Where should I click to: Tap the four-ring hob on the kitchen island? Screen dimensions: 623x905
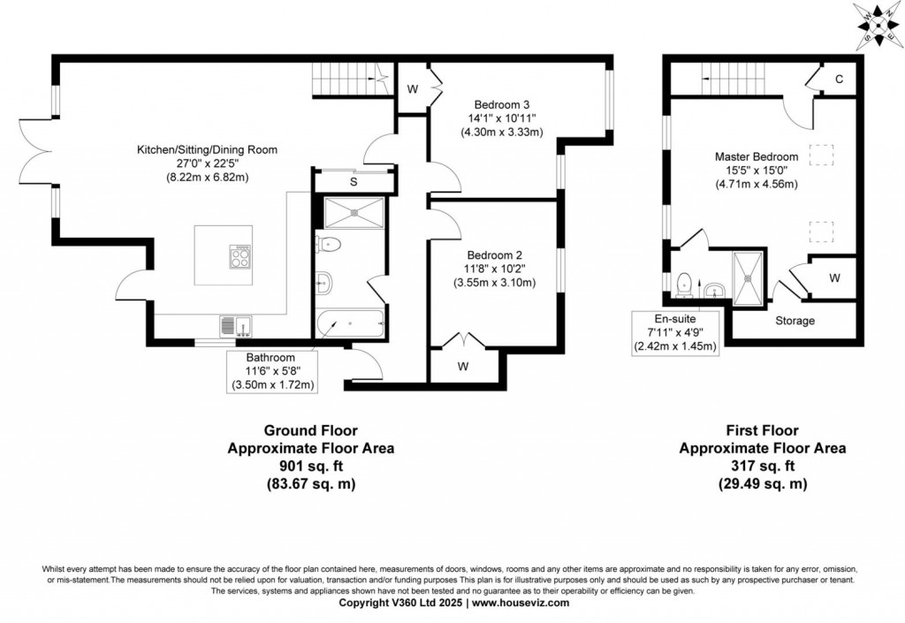click(x=240, y=255)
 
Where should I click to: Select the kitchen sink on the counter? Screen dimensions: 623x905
click(x=237, y=326)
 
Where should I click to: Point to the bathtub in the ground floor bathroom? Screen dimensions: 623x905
click(x=350, y=325)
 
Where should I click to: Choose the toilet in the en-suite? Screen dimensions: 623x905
click(x=683, y=284)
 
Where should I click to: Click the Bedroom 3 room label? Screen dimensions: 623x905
click(x=501, y=102)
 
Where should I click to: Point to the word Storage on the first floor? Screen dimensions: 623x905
click(x=795, y=321)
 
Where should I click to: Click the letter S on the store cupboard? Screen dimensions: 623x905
click(x=354, y=182)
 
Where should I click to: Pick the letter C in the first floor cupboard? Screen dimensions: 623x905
click(x=840, y=80)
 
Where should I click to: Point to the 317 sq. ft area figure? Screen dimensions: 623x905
click(x=762, y=466)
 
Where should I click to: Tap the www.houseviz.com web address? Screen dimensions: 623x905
click(x=520, y=603)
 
